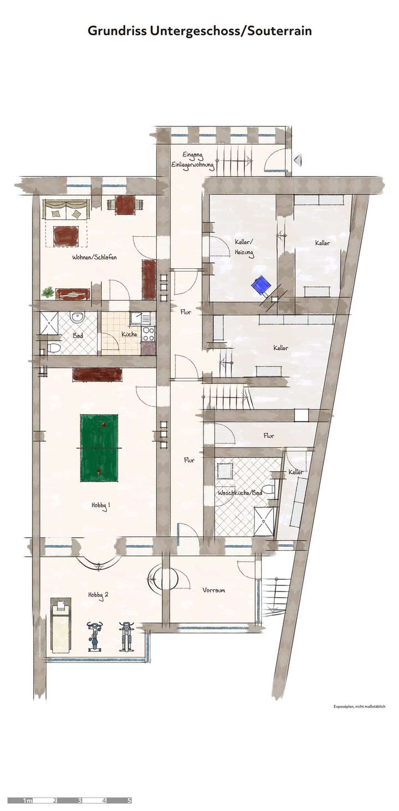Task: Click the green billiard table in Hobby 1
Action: pyautogui.click(x=99, y=447)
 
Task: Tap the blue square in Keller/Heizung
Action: pyautogui.click(x=260, y=285)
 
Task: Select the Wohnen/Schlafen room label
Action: pyautogui.click(x=94, y=257)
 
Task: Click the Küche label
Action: pyautogui.click(x=129, y=334)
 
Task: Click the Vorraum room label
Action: pyautogui.click(x=214, y=590)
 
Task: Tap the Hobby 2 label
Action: pyautogui.click(x=98, y=594)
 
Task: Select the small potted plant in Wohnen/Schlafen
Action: pyautogui.click(x=48, y=292)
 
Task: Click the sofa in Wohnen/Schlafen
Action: pyautogui.click(x=66, y=210)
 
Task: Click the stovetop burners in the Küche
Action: pyautogui.click(x=149, y=333)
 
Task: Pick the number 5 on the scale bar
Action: pyautogui.click(x=129, y=800)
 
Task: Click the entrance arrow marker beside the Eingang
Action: pyautogui.click(x=298, y=161)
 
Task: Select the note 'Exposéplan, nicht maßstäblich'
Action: pyautogui.click(x=359, y=707)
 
